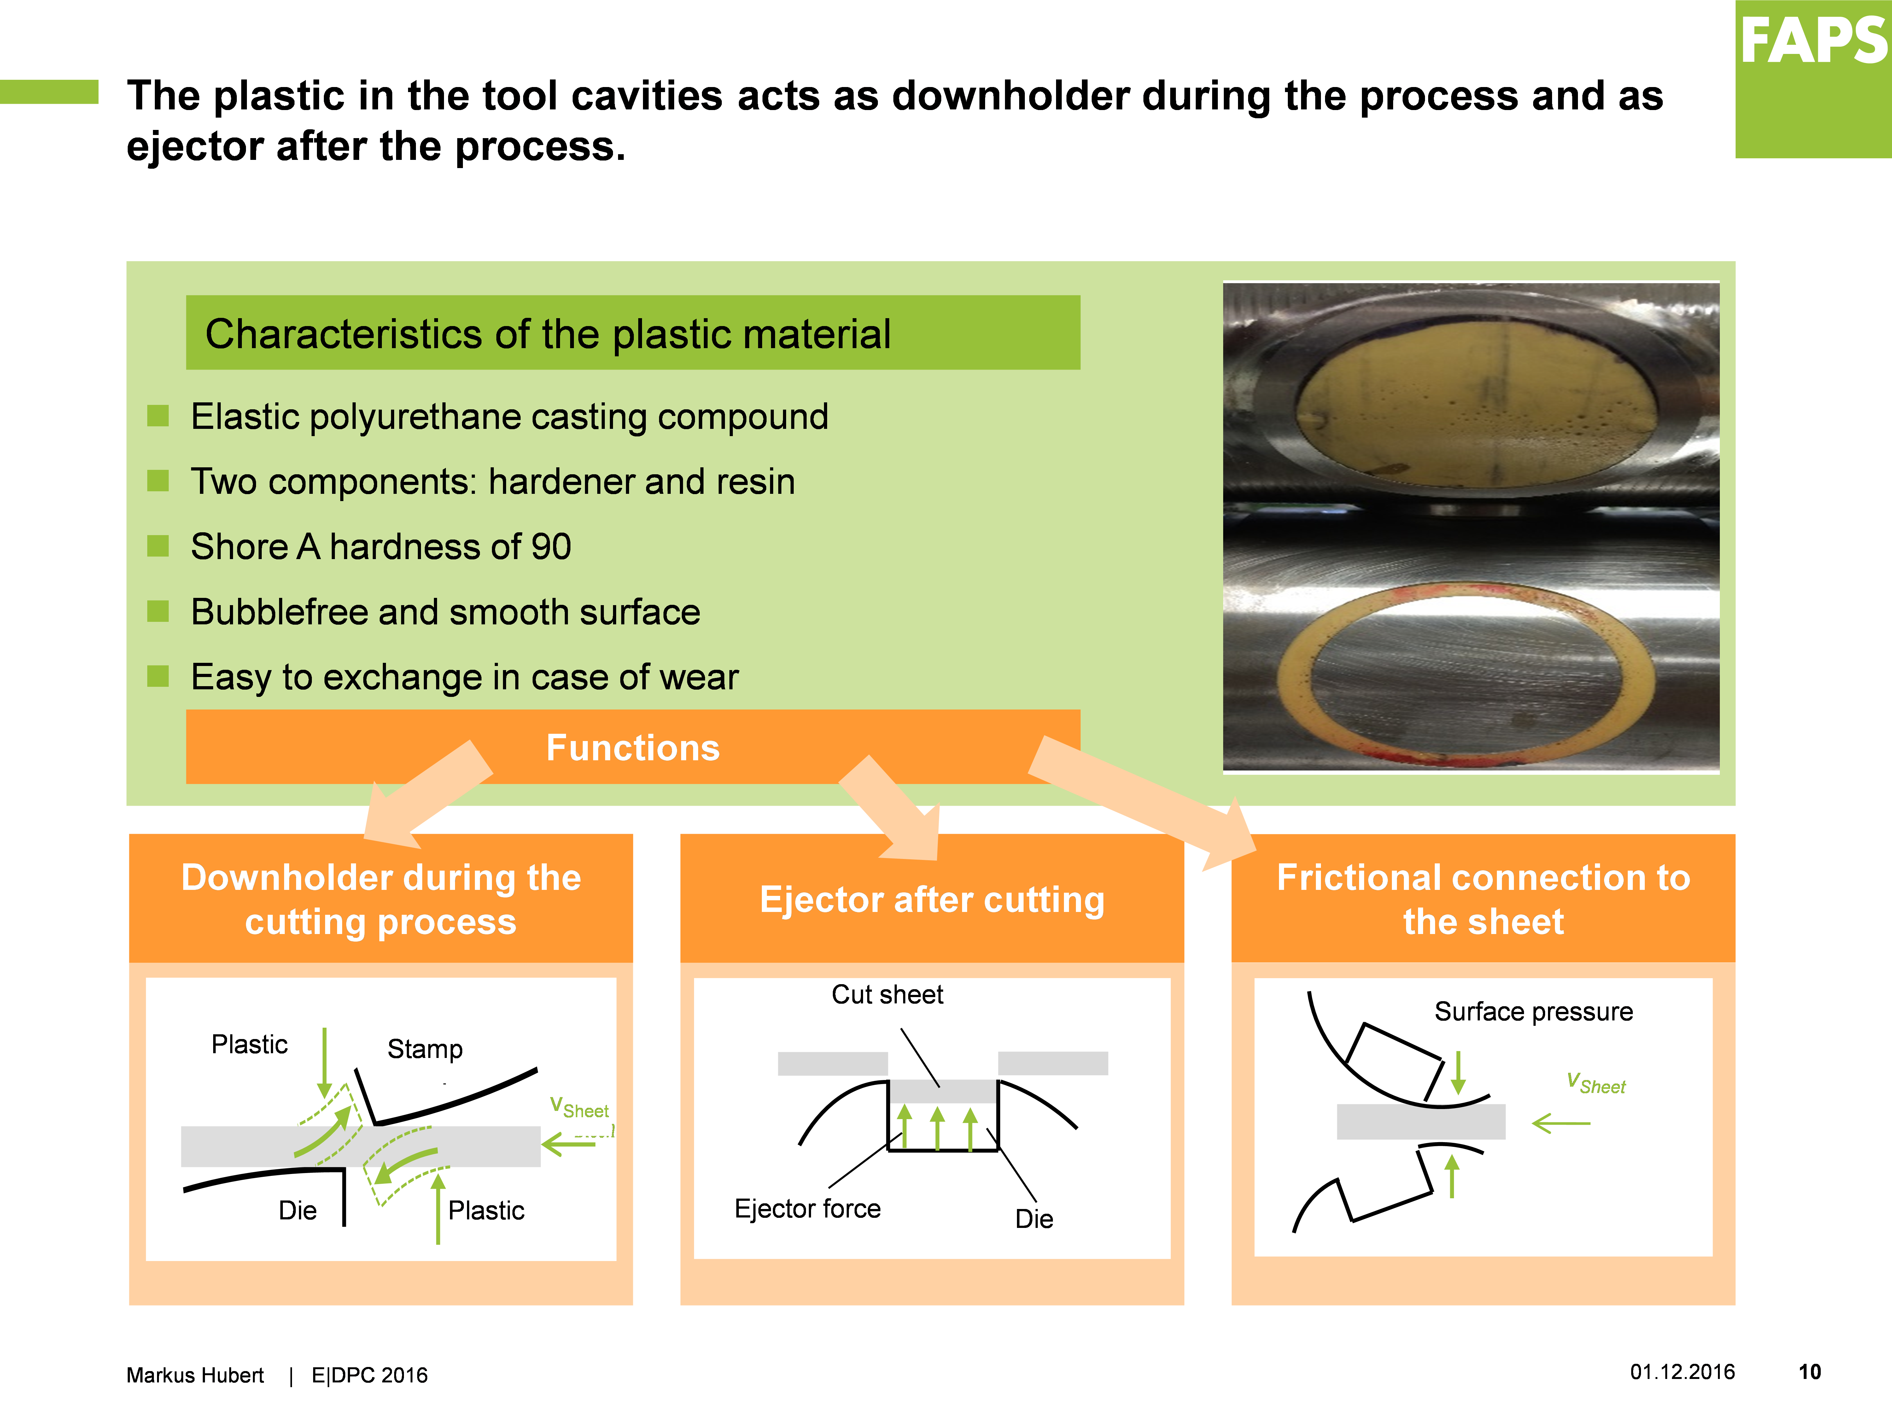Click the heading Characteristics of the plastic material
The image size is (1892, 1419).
pos(547,334)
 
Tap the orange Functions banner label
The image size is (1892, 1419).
pos(633,748)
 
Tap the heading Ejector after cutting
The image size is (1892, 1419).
pos(932,900)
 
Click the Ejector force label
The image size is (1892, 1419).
pos(808,1209)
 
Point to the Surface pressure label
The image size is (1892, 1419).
pos(1533,1012)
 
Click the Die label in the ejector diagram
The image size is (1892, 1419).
pos(1034,1219)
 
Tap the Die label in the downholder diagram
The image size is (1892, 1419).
pos(298,1210)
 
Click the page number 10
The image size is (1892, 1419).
pos(1810,1372)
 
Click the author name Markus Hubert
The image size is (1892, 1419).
pos(195,1375)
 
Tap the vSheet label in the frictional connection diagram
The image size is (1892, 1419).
pos(1596,1084)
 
